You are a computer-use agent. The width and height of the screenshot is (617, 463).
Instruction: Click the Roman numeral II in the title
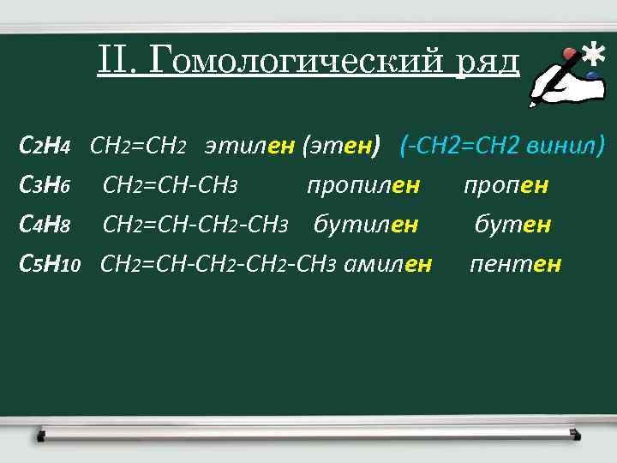coord(112,62)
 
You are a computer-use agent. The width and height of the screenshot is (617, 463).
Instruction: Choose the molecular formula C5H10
coord(50,264)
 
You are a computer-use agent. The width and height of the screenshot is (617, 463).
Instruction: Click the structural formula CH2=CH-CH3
coord(170,185)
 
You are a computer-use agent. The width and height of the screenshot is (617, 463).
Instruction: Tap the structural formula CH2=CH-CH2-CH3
coord(195,225)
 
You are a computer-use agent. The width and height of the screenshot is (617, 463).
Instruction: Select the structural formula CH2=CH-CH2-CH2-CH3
coord(219,264)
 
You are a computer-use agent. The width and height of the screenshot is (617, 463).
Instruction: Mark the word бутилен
coord(366,225)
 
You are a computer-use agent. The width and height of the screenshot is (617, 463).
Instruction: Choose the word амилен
coord(387,264)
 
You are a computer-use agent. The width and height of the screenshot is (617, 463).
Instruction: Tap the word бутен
coord(512,225)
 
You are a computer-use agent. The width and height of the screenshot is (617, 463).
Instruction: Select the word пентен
coord(515,264)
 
